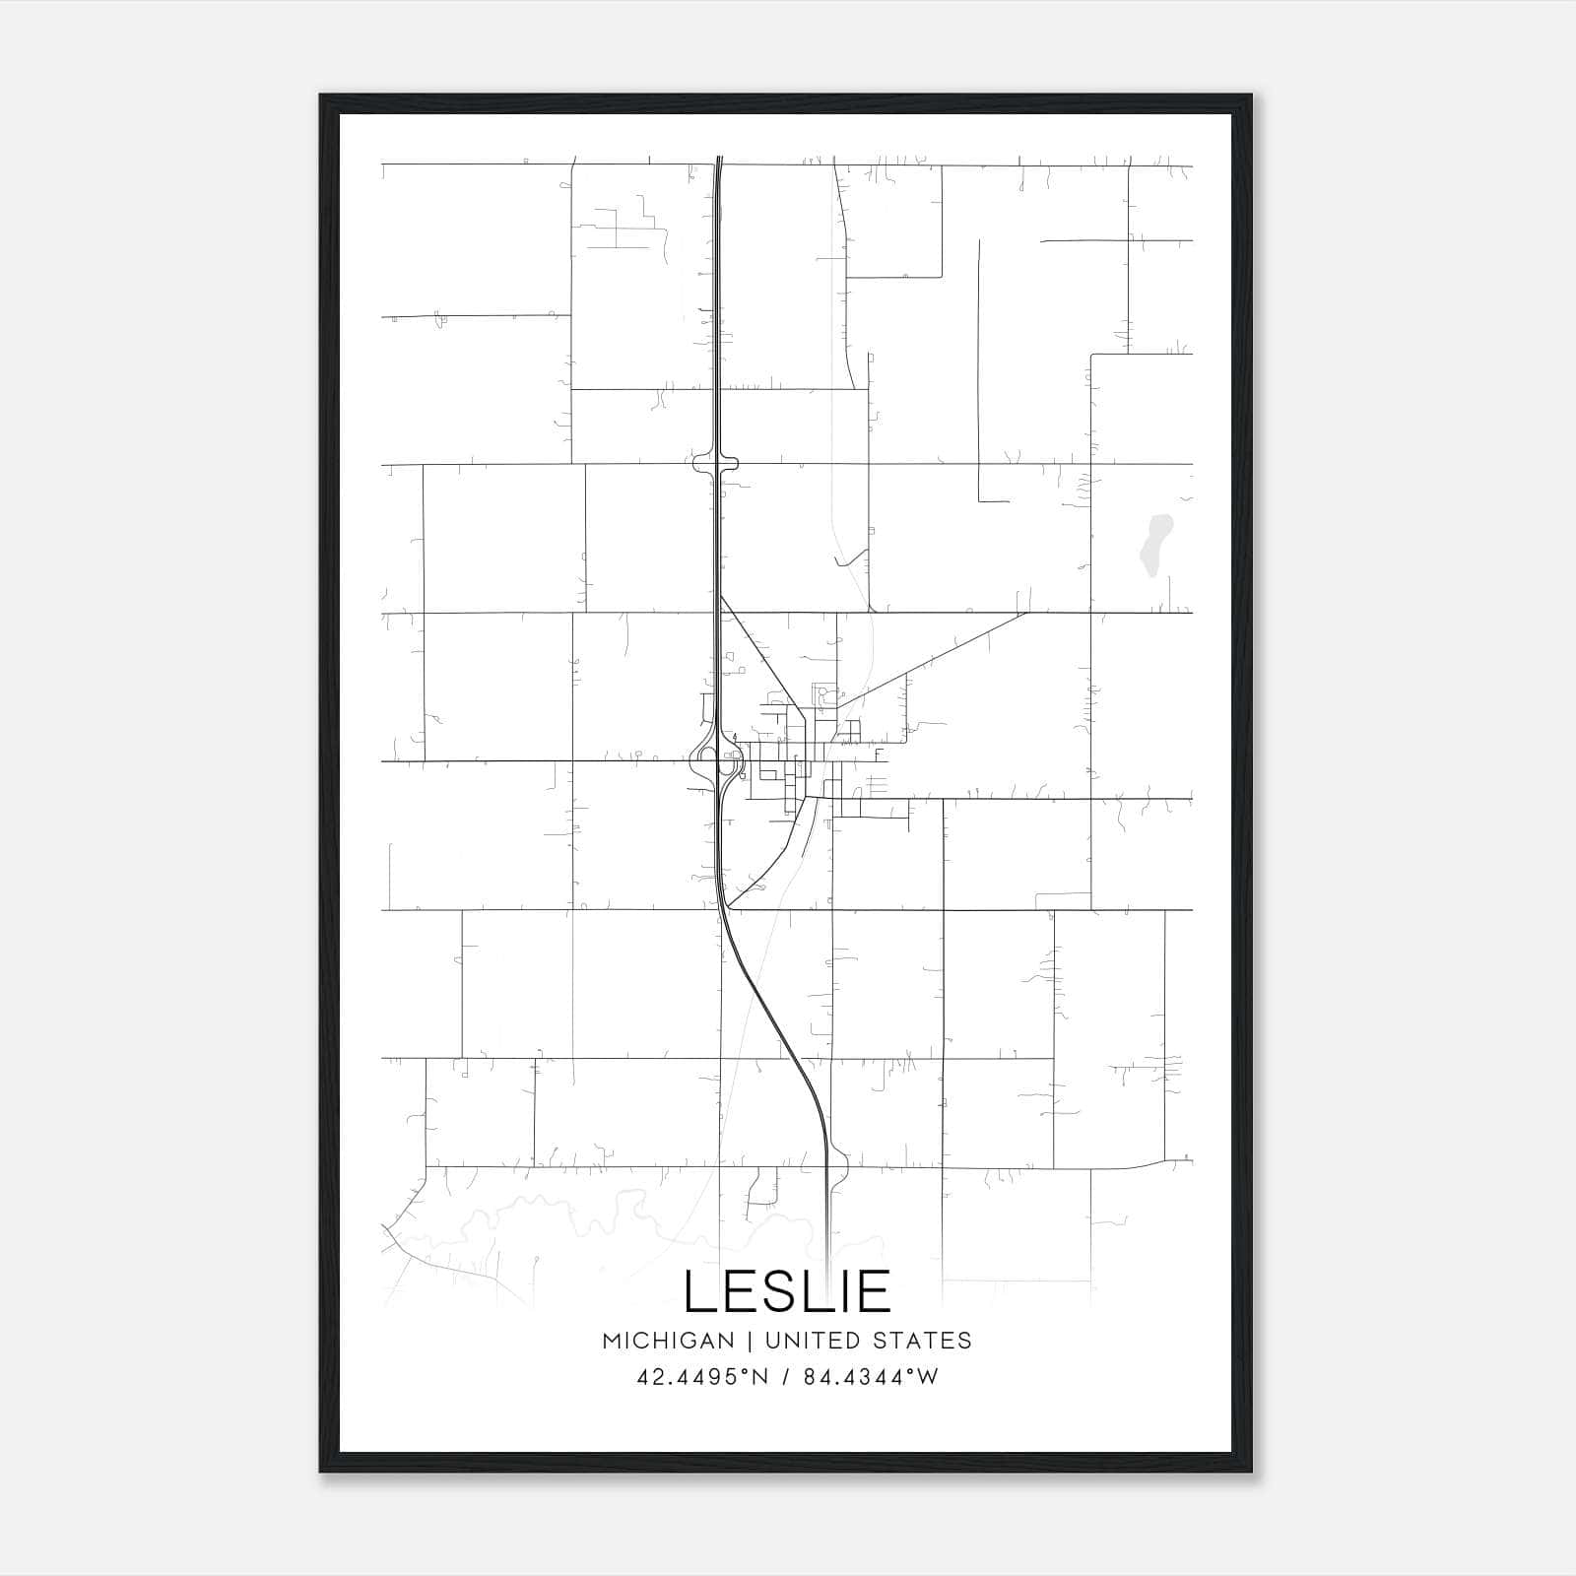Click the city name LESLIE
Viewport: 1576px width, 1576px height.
(x=787, y=1291)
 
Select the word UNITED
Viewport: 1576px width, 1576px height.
(x=810, y=1341)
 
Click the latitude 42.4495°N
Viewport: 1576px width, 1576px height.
(x=701, y=1377)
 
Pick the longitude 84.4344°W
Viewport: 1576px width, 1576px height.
(x=871, y=1377)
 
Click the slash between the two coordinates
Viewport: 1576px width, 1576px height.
(x=783, y=1377)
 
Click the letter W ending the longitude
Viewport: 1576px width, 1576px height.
(x=928, y=1377)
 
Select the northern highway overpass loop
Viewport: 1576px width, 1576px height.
(x=716, y=463)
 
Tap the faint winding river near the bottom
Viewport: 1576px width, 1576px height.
(x=591, y=1216)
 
